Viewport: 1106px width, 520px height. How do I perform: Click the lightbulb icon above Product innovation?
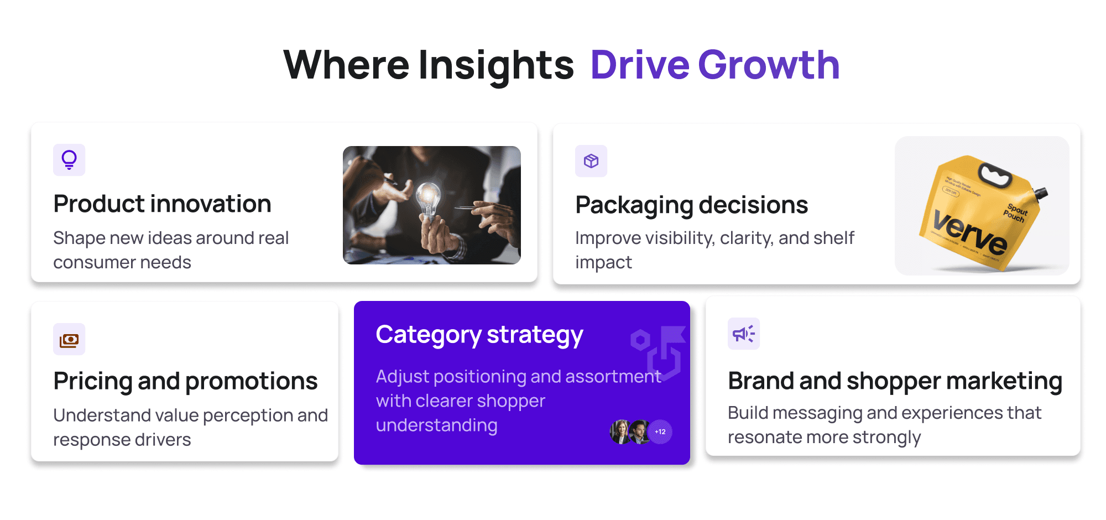pos(69,160)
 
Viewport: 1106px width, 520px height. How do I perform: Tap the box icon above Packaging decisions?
pos(591,161)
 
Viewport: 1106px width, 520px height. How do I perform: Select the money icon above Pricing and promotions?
pos(69,340)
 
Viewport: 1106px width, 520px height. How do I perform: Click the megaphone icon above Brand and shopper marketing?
pos(743,334)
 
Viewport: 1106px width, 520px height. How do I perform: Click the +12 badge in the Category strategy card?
pos(660,432)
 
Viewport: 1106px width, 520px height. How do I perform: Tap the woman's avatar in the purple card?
pos(619,432)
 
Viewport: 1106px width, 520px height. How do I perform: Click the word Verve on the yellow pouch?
pos(969,232)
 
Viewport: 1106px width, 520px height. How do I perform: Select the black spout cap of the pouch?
pos(1041,193)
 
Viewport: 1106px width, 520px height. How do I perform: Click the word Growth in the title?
pos(769,65)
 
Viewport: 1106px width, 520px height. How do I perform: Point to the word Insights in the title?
pos(496,65)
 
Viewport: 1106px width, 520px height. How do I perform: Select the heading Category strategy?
pos(479,335)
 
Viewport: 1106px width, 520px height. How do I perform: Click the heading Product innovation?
pos(162,204)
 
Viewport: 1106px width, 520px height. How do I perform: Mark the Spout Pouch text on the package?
pos(1016,213)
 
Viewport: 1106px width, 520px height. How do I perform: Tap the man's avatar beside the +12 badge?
pos(639,432)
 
